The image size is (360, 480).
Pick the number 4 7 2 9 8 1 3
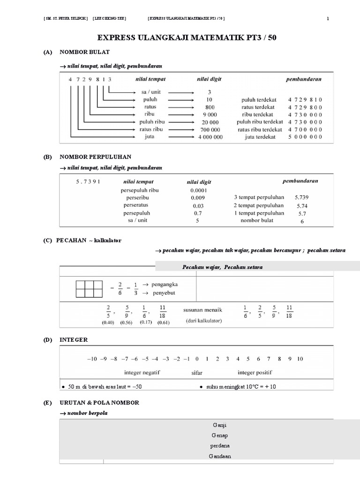(90, 80)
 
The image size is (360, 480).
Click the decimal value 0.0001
(198, 190)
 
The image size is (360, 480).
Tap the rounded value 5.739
(302, 198)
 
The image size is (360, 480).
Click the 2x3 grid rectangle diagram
(89, 289)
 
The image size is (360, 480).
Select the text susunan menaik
(202, 310)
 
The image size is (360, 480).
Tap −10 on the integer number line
(91, 359)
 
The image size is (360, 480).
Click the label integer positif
(255, 373)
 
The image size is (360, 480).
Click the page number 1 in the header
(328, 19)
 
